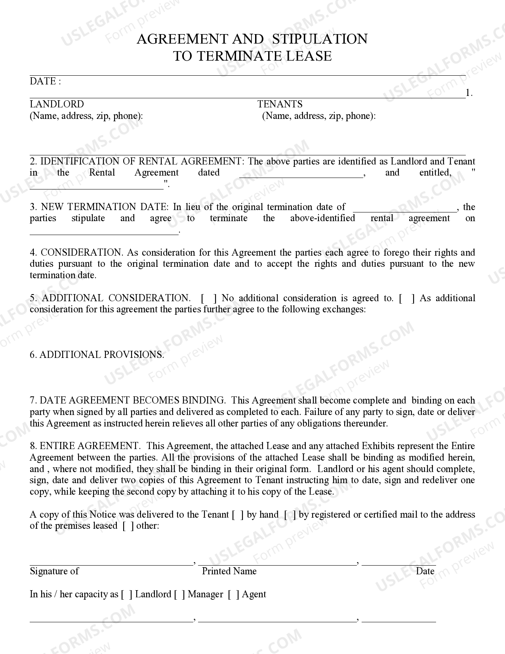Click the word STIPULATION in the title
click(320, 39)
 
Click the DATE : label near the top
click(45, 81)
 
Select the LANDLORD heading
click(57, 104)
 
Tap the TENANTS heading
click(280, 104)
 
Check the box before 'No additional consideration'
click(209, 298)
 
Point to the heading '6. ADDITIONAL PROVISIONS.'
click(97, 355)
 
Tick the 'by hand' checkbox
click(238, 515)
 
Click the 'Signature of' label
click(54, 571)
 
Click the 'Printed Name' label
click(229, 571)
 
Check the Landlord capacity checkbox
click(126, 595)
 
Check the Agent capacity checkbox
click(234, 595)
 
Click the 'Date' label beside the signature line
click(425, 571)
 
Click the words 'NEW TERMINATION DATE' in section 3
click(105, 207)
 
